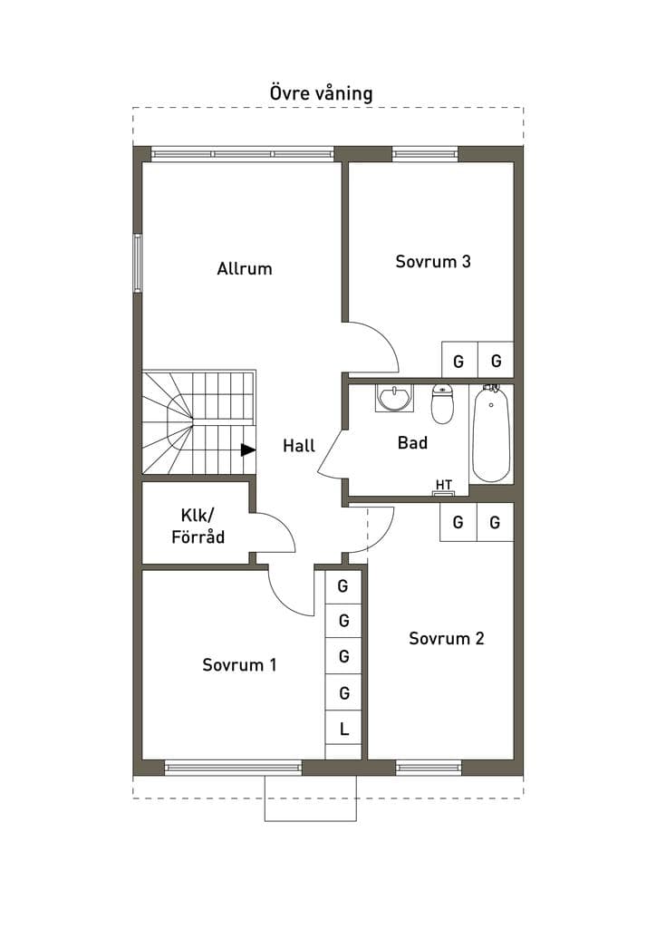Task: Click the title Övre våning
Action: [x=321, y=93]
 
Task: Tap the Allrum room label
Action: [x=245, y=268]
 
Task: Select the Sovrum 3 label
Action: [x=433, y=262]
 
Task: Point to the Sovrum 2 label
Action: [x=447, y=638]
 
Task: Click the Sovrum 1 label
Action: [x=239, y=664]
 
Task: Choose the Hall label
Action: [x=299, y=446]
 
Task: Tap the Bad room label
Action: [x=412, y=442]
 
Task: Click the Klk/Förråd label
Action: [x=198, y=527]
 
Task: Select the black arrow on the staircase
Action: [x=248, y=450]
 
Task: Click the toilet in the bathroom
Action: [x=442, y=403]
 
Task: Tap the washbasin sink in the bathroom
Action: [x=393, y=398]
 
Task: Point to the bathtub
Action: [x=491, y=433]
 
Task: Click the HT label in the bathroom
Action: [x=444, y=486]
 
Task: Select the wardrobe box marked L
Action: [x=343, y=729]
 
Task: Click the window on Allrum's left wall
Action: [x=137, y=264]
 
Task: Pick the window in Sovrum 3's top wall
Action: [x=425, y=154]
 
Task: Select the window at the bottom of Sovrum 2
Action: [x=429, y=768]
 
